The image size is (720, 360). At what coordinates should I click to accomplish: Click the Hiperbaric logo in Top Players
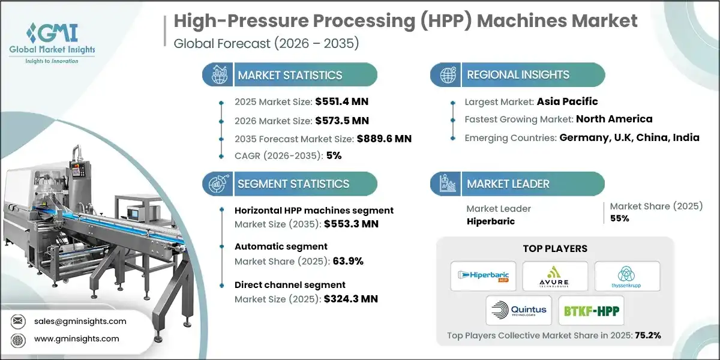point(483,275)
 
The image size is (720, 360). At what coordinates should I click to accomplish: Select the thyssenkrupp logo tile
point(627,275)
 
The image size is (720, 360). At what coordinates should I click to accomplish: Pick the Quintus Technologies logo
point(519,310)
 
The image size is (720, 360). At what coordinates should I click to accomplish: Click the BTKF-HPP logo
point(591,310)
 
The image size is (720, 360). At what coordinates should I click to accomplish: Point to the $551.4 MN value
point(339,102)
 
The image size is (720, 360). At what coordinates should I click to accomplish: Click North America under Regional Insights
point(614,119)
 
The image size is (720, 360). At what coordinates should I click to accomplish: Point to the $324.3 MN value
point(350,298)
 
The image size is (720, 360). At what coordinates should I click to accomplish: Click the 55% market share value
point(620,218)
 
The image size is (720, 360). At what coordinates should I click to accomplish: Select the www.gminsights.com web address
point(77,339)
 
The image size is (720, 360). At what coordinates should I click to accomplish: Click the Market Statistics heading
point(290,75)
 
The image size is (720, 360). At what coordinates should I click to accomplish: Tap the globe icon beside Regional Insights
point(448,76)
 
